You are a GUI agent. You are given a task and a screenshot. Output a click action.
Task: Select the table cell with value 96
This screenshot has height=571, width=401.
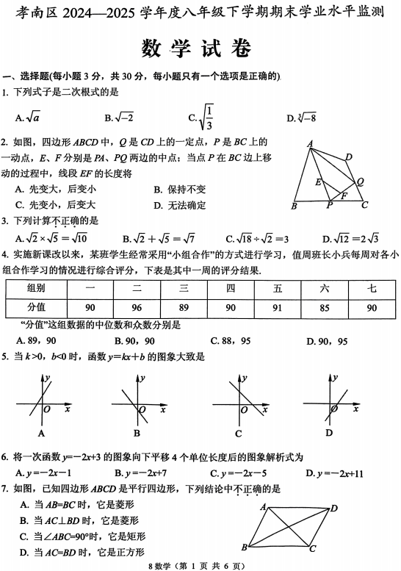(x=136, y=307)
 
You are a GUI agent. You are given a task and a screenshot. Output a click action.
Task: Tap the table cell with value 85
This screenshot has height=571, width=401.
(x=324, y=307)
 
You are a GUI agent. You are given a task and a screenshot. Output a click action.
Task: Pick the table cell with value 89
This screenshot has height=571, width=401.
(x=184, y=307)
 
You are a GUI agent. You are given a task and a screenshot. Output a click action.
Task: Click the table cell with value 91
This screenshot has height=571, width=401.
(x=277, y=307)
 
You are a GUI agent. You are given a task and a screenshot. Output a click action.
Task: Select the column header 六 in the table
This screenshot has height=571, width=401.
(x=324, y=289)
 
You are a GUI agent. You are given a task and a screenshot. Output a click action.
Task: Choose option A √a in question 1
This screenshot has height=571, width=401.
(x=28, y=117)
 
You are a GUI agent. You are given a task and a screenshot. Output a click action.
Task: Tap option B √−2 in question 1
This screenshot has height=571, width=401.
(x=118, y=117)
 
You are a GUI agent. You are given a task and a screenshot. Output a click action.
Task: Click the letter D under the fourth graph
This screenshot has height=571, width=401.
(x=328, y=431)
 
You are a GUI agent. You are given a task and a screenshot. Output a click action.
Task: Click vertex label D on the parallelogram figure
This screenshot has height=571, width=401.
(x=334, y=508)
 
